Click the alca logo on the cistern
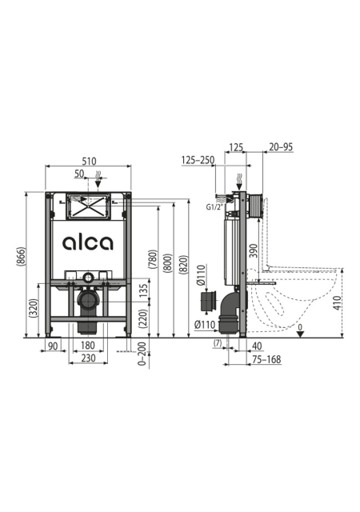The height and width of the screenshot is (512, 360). pos(87,242)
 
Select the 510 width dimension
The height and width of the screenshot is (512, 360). pos(89,162)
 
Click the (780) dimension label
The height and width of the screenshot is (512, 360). pos(153,259)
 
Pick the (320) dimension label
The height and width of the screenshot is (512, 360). pos(34,308)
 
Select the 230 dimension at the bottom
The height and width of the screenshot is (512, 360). pos(88,358)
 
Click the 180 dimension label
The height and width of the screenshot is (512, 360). pos(87,345)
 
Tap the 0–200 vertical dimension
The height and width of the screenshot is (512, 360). pos(142,354)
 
